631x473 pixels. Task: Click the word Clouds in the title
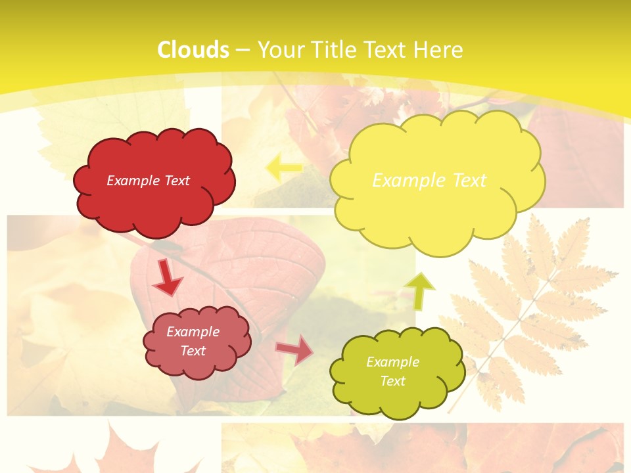click(x=193, y=50)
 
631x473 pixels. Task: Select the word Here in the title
click(x=438, y=50)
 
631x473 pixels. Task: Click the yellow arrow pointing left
click(x=284, y=168)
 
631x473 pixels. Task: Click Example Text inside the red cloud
click(x=148, y=181)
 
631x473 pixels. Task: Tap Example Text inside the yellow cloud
click(x=429, y=181)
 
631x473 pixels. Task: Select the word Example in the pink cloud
click(x=193, y=332)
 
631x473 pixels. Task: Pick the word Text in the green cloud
click(x=392, y=381)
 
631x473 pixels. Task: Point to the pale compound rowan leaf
click(x=526, y=309)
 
